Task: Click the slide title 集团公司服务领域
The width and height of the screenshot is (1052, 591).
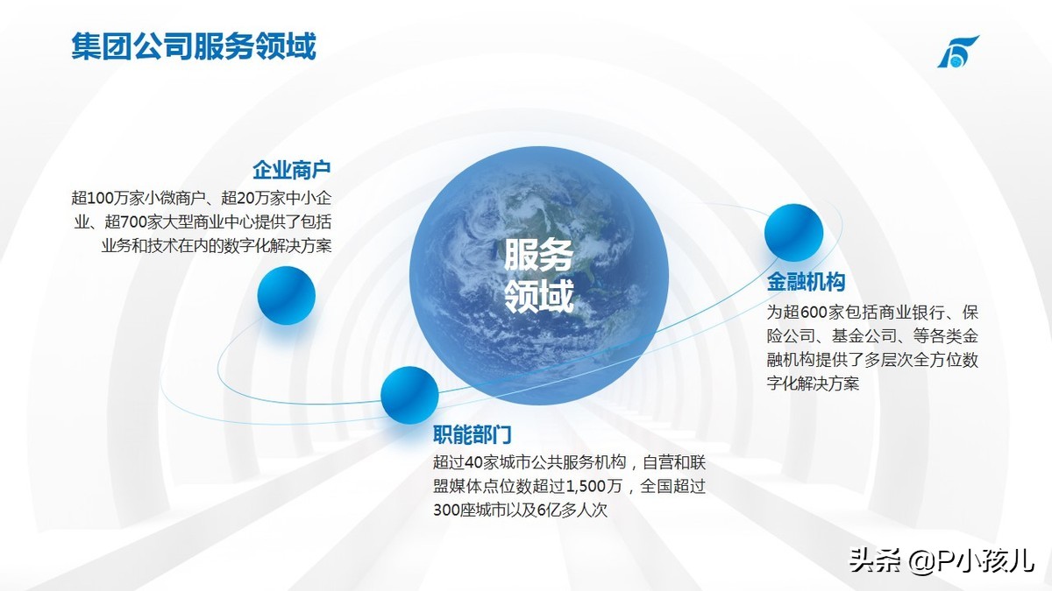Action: (194, 46)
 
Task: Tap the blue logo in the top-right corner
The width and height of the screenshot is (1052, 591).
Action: (958, 51)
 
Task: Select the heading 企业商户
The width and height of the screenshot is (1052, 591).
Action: (292, 170)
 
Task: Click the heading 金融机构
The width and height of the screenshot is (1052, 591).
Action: (806, 282)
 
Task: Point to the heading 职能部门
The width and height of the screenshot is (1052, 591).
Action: (472, 435)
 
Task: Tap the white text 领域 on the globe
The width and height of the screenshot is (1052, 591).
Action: (538, 296)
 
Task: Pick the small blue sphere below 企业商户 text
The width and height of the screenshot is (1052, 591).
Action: (286, 296)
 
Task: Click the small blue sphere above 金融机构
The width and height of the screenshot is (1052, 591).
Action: (793, 233)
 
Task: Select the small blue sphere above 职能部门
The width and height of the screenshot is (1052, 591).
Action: (409, 396)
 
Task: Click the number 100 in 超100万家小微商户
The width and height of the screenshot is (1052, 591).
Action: (101, 199)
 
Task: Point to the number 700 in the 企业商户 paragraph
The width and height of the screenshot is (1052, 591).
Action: (133, 222)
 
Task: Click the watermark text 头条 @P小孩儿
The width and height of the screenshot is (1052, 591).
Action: (942, 561)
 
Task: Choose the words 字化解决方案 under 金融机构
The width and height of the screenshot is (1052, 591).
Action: (813, 383)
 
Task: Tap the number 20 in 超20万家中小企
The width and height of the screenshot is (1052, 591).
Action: (245, 199)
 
